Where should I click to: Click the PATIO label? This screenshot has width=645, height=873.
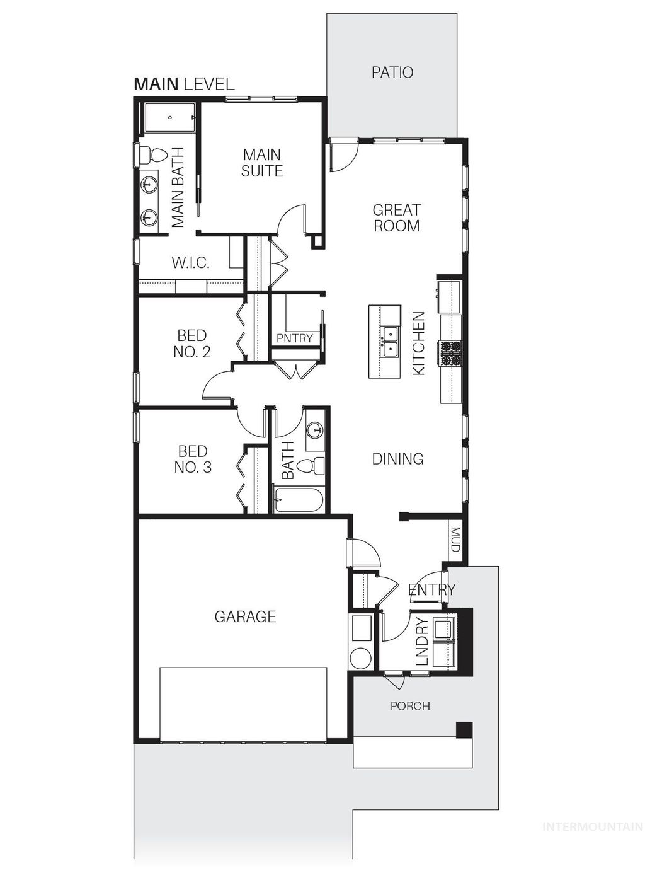pos(392,72)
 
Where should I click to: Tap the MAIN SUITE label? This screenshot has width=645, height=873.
pos(262,163)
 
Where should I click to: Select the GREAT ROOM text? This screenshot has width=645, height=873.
pos(396,218)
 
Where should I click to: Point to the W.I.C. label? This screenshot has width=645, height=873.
pos(191,263)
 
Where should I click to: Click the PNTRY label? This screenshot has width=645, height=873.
pos(295,338)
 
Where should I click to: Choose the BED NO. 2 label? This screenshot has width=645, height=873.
pos(192,344)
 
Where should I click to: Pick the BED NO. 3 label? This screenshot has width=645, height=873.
pos(193,459)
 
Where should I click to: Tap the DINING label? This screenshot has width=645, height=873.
pos(397,459)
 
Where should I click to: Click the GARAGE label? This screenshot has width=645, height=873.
pos(245,616)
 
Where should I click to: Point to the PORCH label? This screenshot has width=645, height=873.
pos(410,706)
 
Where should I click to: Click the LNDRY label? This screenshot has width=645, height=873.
pos(423,642)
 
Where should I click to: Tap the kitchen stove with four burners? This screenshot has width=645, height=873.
pos(450,354)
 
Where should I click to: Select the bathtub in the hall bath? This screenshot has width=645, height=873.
pos(299,500)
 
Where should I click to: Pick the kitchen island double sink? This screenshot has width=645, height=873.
pos(390,340)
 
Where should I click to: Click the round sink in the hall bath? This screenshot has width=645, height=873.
pos(314,431)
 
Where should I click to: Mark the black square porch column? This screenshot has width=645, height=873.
pos(464,729)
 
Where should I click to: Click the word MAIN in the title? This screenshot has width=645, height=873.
pos(156,84)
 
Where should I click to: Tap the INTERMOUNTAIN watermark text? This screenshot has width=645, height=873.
pos(593,827)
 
